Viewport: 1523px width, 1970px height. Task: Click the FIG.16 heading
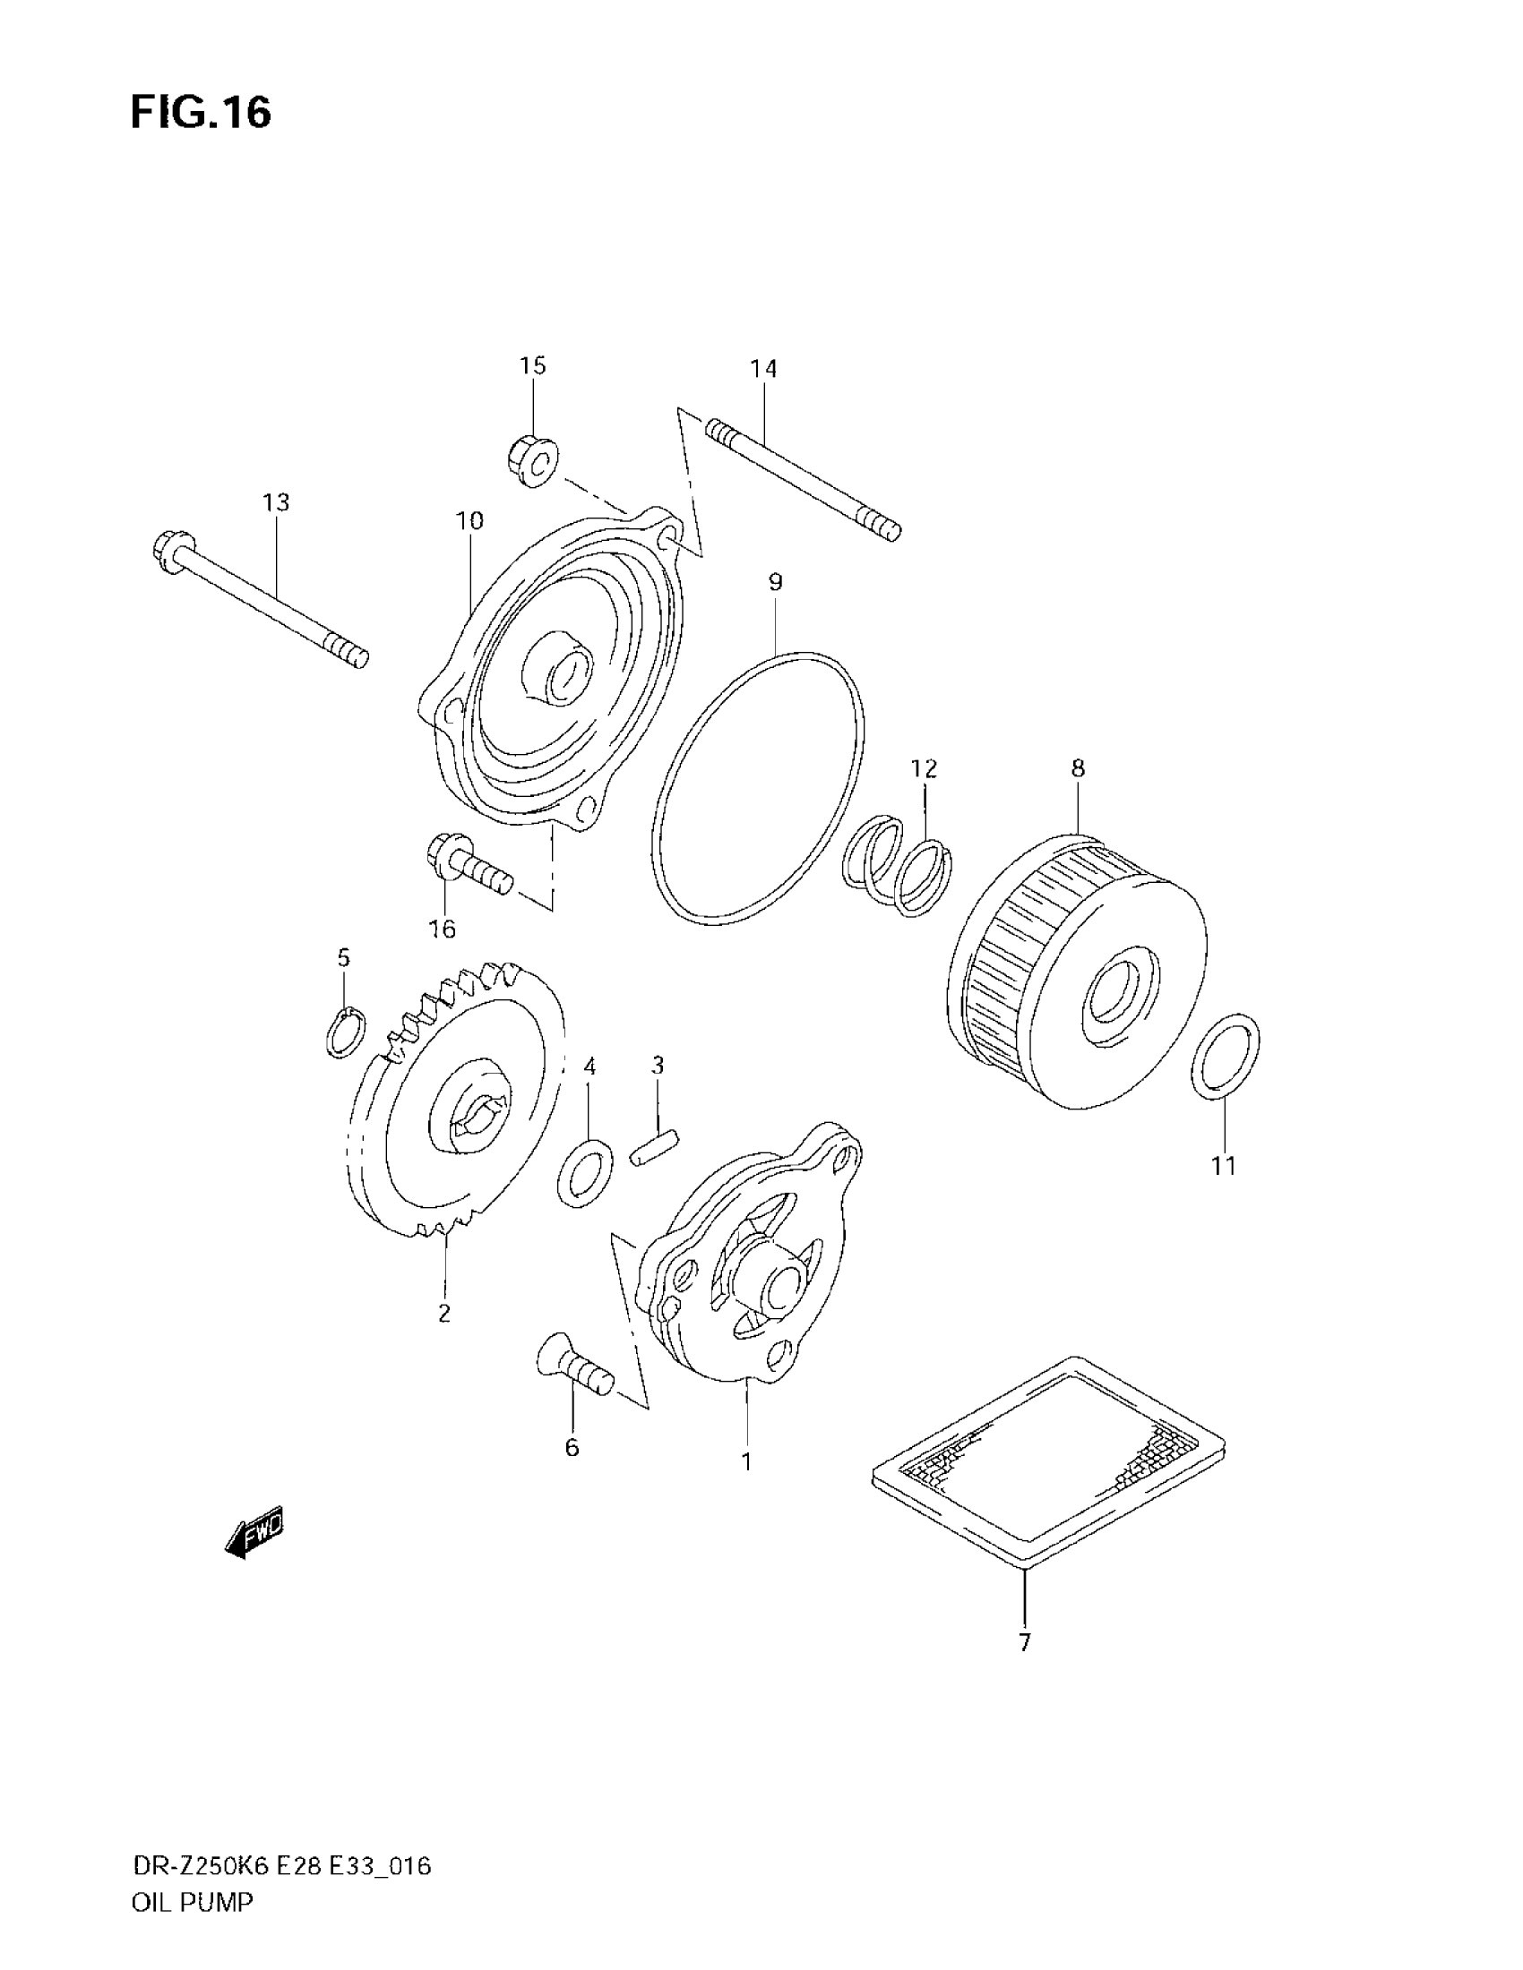pyautogui.click(x=201, y=114)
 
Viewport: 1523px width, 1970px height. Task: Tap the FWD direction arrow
pyautogui.click(x=255, y=1531)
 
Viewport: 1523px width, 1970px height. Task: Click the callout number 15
pyautogui.click(x=532, y=365)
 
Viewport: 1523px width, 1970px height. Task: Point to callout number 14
pyautogui.click(x=763, y=368)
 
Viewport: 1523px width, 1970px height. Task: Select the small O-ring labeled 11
pyautogui.click(x=1226, y=1058)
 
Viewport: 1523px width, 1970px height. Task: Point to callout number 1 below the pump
pyautogui.click(x=746, y=1461)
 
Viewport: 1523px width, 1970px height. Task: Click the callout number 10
pyautogui.click(x=469, y=520)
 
